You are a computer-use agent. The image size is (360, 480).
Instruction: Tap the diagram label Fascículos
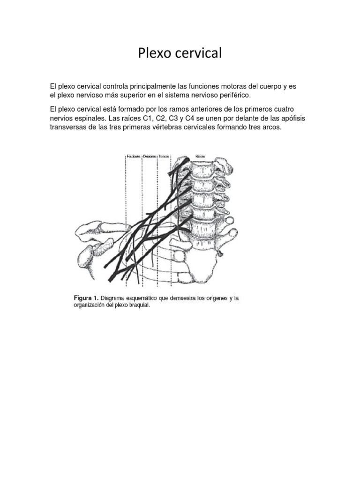pos(134,156)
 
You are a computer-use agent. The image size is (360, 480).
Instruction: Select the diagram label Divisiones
pos(150,156)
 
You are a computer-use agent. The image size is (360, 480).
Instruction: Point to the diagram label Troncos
pos(164,156)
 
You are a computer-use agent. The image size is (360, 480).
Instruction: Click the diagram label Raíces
pos(200,156)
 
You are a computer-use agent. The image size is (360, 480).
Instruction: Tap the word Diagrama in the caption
pos(116,298)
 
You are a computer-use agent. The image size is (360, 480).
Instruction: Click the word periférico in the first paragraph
pos(233,95)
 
